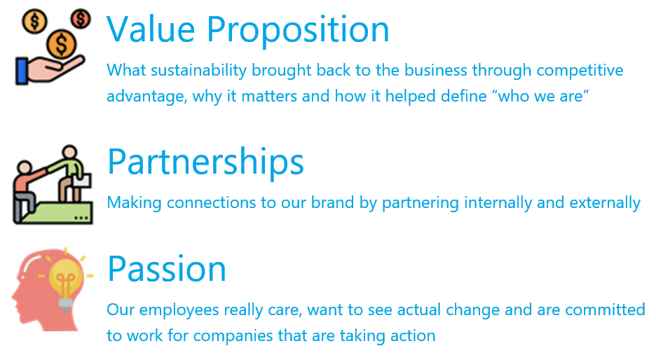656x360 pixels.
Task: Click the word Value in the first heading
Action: tap(151, 29)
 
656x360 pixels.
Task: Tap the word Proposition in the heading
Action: tap(298, 30)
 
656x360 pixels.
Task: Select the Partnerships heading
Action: tap(205, 162)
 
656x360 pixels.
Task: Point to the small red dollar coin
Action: tap(81, 19)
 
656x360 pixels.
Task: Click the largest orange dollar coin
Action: tap(61, 43)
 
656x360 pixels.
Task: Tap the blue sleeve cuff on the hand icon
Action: tap(22, 71)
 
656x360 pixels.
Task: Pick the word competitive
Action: tap(580, 71)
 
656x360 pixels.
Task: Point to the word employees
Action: tap(179, 311)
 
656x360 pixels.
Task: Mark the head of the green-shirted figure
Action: tap(69, 153)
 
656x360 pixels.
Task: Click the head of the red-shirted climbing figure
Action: tap(25, 168)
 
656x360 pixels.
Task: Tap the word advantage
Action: tap(147, 97)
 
